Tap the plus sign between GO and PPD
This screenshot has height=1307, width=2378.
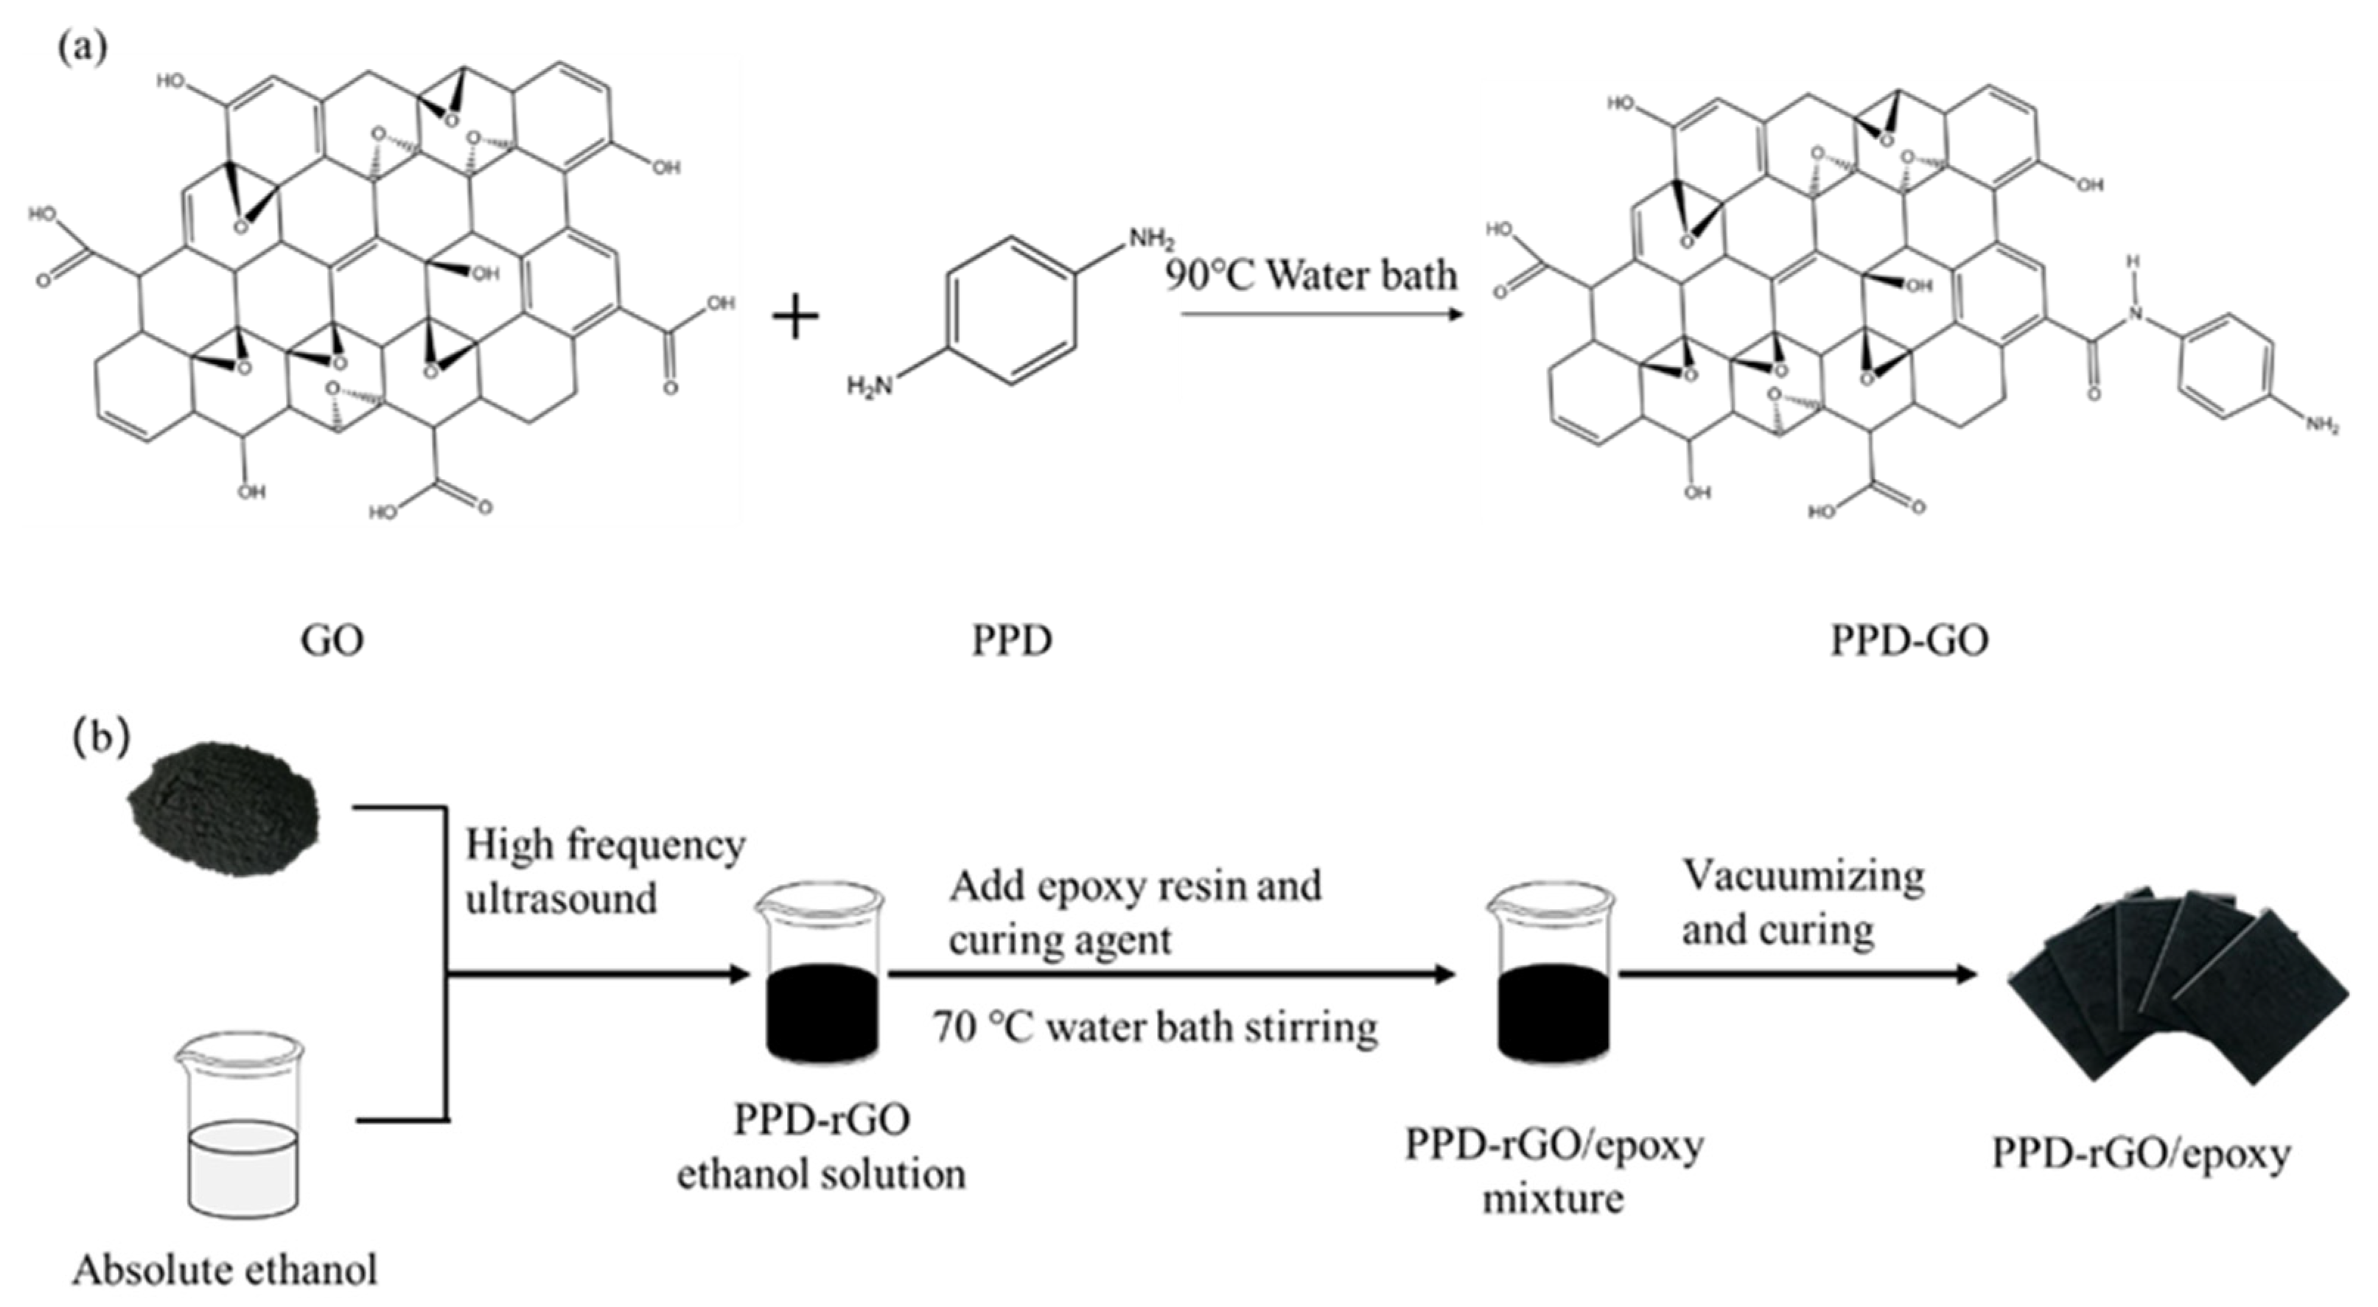click(x=795, y=318)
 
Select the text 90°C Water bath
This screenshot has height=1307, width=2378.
click(x=1311, y=275)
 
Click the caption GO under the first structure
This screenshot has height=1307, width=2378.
click(x=332, y=640)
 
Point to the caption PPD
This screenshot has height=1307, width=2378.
click(x=1012, y=640)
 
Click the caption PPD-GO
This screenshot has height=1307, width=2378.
click(x=1909, y=640)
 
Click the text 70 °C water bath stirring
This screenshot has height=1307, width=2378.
click(x=1154, y=1027)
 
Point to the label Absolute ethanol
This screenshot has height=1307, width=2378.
click(x=225, y=1270)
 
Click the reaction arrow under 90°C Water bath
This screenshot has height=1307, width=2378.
click(x=1320, y=315)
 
